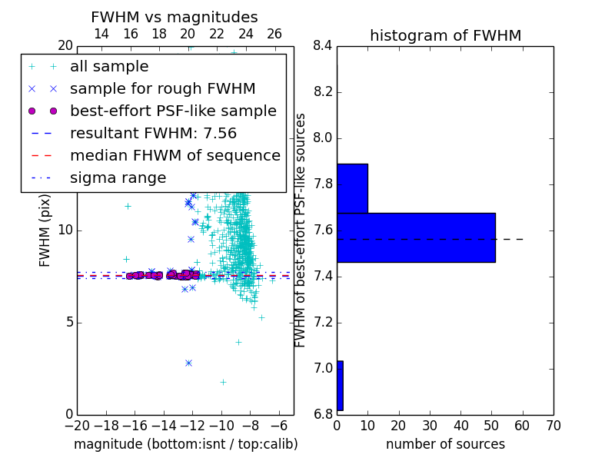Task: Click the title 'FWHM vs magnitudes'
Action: click(x=175, y=17)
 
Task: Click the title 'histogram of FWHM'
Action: click(x=446, y=35)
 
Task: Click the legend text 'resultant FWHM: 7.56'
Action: click(x=153, y=133)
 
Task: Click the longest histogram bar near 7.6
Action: click(x=416, y=237)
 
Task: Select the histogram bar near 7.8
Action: click(x=353, y=188)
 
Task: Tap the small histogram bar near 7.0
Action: click(x=340, y=386)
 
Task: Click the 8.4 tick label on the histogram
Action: click(x=323, y=46)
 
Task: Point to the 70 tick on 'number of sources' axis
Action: click(x=553, y=426)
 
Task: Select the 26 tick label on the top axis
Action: click(x=274, y=34)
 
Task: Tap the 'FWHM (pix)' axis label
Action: click(x=45, y=230)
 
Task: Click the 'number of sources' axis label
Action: click(x=446, y=444)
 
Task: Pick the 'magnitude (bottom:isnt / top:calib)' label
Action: click(x=186, y=445)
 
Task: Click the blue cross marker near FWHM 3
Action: click(x=188, y=363)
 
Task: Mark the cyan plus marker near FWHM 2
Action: click(x=223, y=382)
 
